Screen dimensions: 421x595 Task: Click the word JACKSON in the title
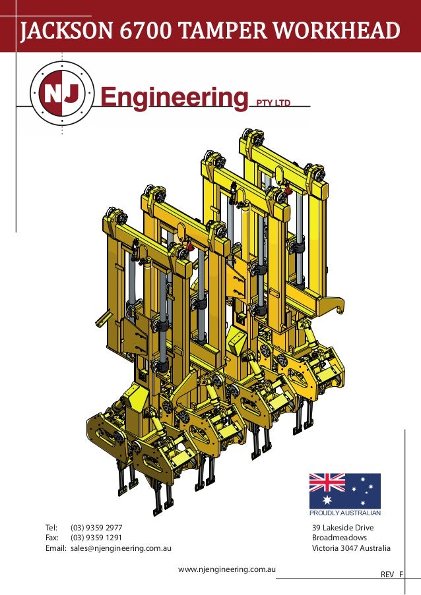coord(67,31)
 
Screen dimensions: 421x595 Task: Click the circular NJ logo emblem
coord(62,94)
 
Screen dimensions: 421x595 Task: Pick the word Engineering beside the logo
coord(174,98)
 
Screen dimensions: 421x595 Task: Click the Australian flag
coord(344,491)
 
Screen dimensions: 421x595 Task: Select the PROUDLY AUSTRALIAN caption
coord(345,513)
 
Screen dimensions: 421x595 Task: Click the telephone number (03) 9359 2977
coord(96,527)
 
